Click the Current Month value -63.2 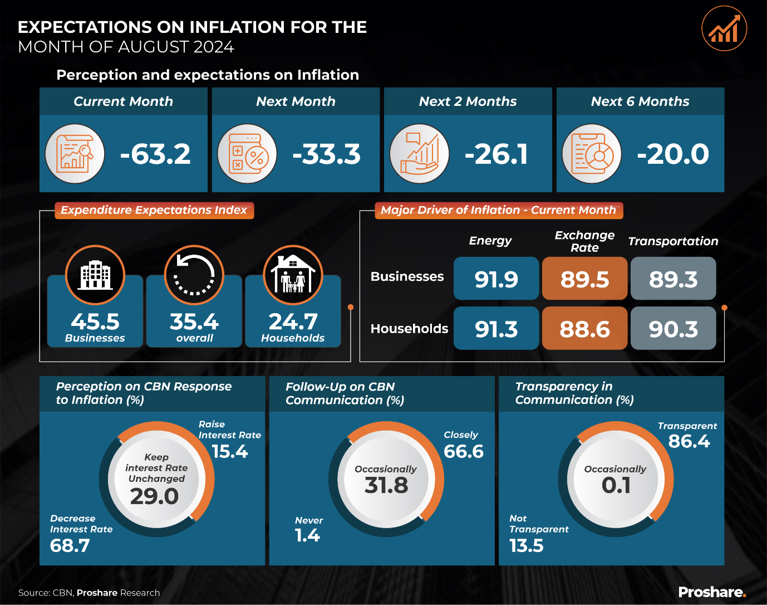155,154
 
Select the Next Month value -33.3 327,154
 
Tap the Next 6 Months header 640,101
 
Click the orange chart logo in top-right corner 724,29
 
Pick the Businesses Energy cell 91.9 496,279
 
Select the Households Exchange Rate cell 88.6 584,329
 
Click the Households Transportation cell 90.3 673,329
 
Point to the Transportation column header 673,241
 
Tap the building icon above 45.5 95,275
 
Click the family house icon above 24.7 293,275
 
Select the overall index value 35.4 194,321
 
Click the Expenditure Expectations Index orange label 154,210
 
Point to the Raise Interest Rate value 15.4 230,451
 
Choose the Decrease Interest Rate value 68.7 70,545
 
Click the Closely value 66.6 464,451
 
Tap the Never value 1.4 307,535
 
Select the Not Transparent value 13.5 527,545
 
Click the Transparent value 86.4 689,441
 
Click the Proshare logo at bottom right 712,592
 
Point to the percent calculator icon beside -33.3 247,154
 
